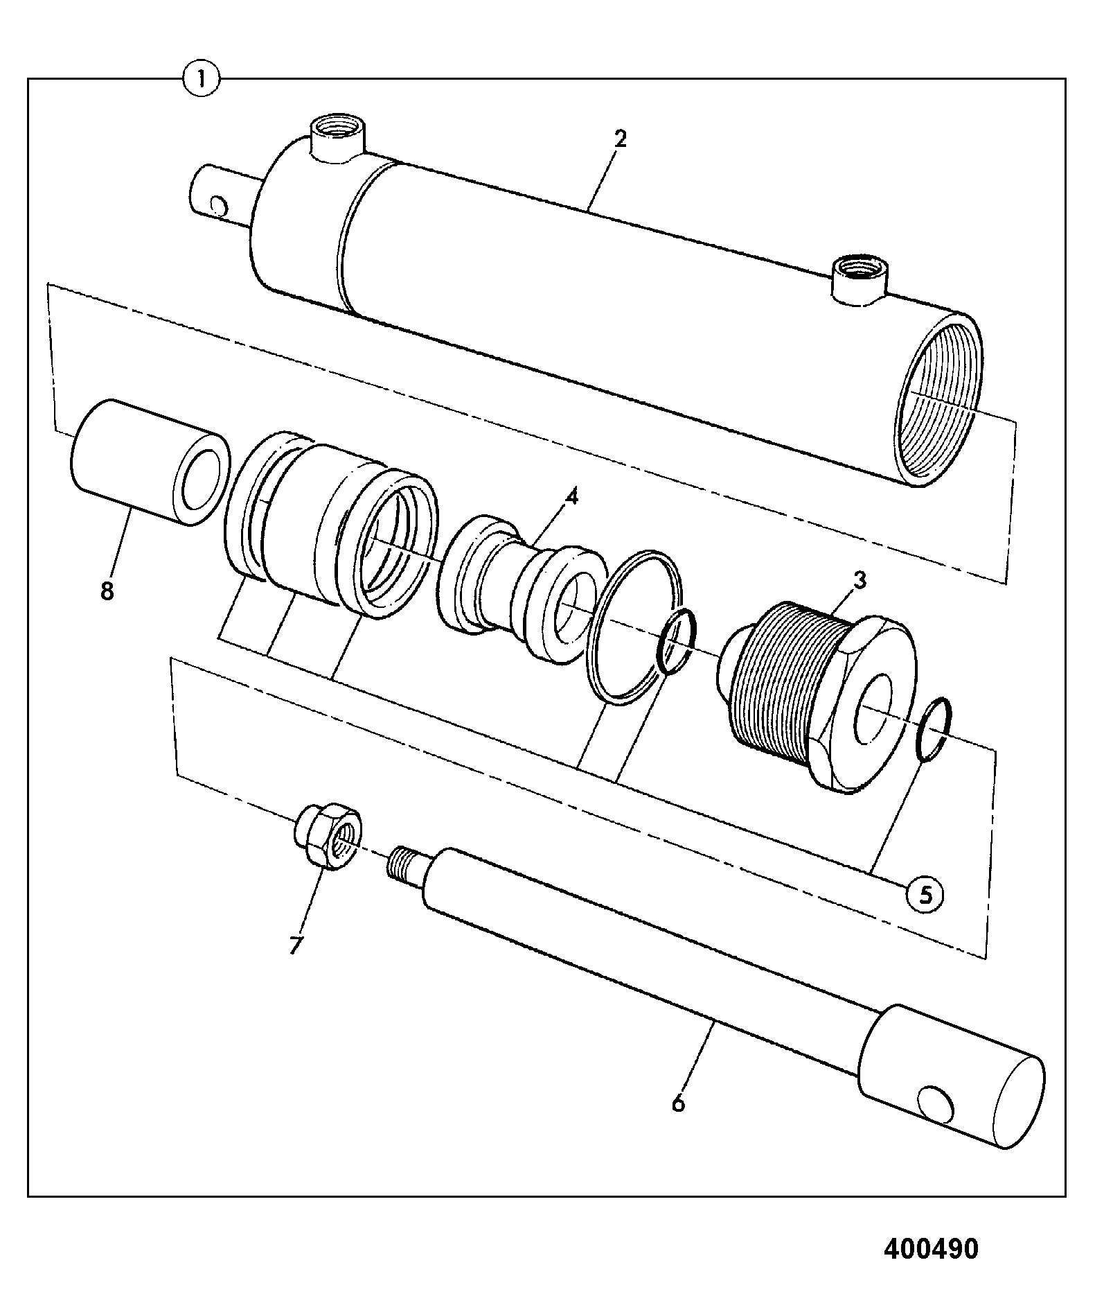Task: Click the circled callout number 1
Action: pyautogui.click(x=201, y=79)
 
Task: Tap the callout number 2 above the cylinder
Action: pyautogui.click(x=620, y=139)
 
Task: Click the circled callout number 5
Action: pyautogui.click(x=925, y=893)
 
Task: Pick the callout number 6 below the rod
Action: pyautogui.click(x=678, y=1102)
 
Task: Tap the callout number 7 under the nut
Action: pyautogui.click(x=296, y=945)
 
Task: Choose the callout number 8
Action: pyautogui.click(x=107, y=592)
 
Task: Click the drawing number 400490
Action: pyautogui.click(x=931, y=1248)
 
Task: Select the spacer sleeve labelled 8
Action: pyautogui.click(x=150, y=462)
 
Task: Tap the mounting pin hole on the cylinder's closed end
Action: pyautogui.click(x=218, y=205)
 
